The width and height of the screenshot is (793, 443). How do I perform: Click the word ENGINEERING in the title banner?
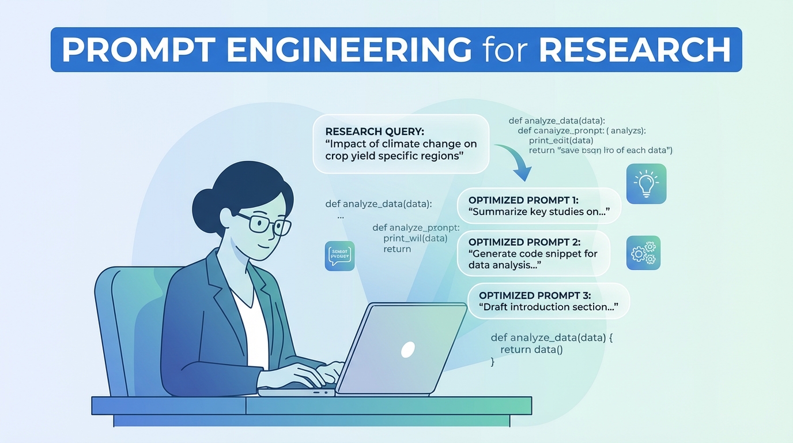349,50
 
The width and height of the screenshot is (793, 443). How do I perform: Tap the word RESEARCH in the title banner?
635,50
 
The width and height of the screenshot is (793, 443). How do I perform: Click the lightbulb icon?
646,183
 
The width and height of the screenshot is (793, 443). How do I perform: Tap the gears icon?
643,253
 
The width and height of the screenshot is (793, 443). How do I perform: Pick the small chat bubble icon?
339,256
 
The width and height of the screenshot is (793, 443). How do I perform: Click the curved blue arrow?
516,162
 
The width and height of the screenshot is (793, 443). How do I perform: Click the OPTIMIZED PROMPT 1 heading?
523,200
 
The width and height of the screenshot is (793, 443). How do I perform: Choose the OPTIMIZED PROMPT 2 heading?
524,242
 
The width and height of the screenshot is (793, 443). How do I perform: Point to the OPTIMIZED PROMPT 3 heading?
535,295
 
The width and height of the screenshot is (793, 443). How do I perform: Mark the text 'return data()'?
531,350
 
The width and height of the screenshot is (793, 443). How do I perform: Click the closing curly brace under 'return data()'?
493,362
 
